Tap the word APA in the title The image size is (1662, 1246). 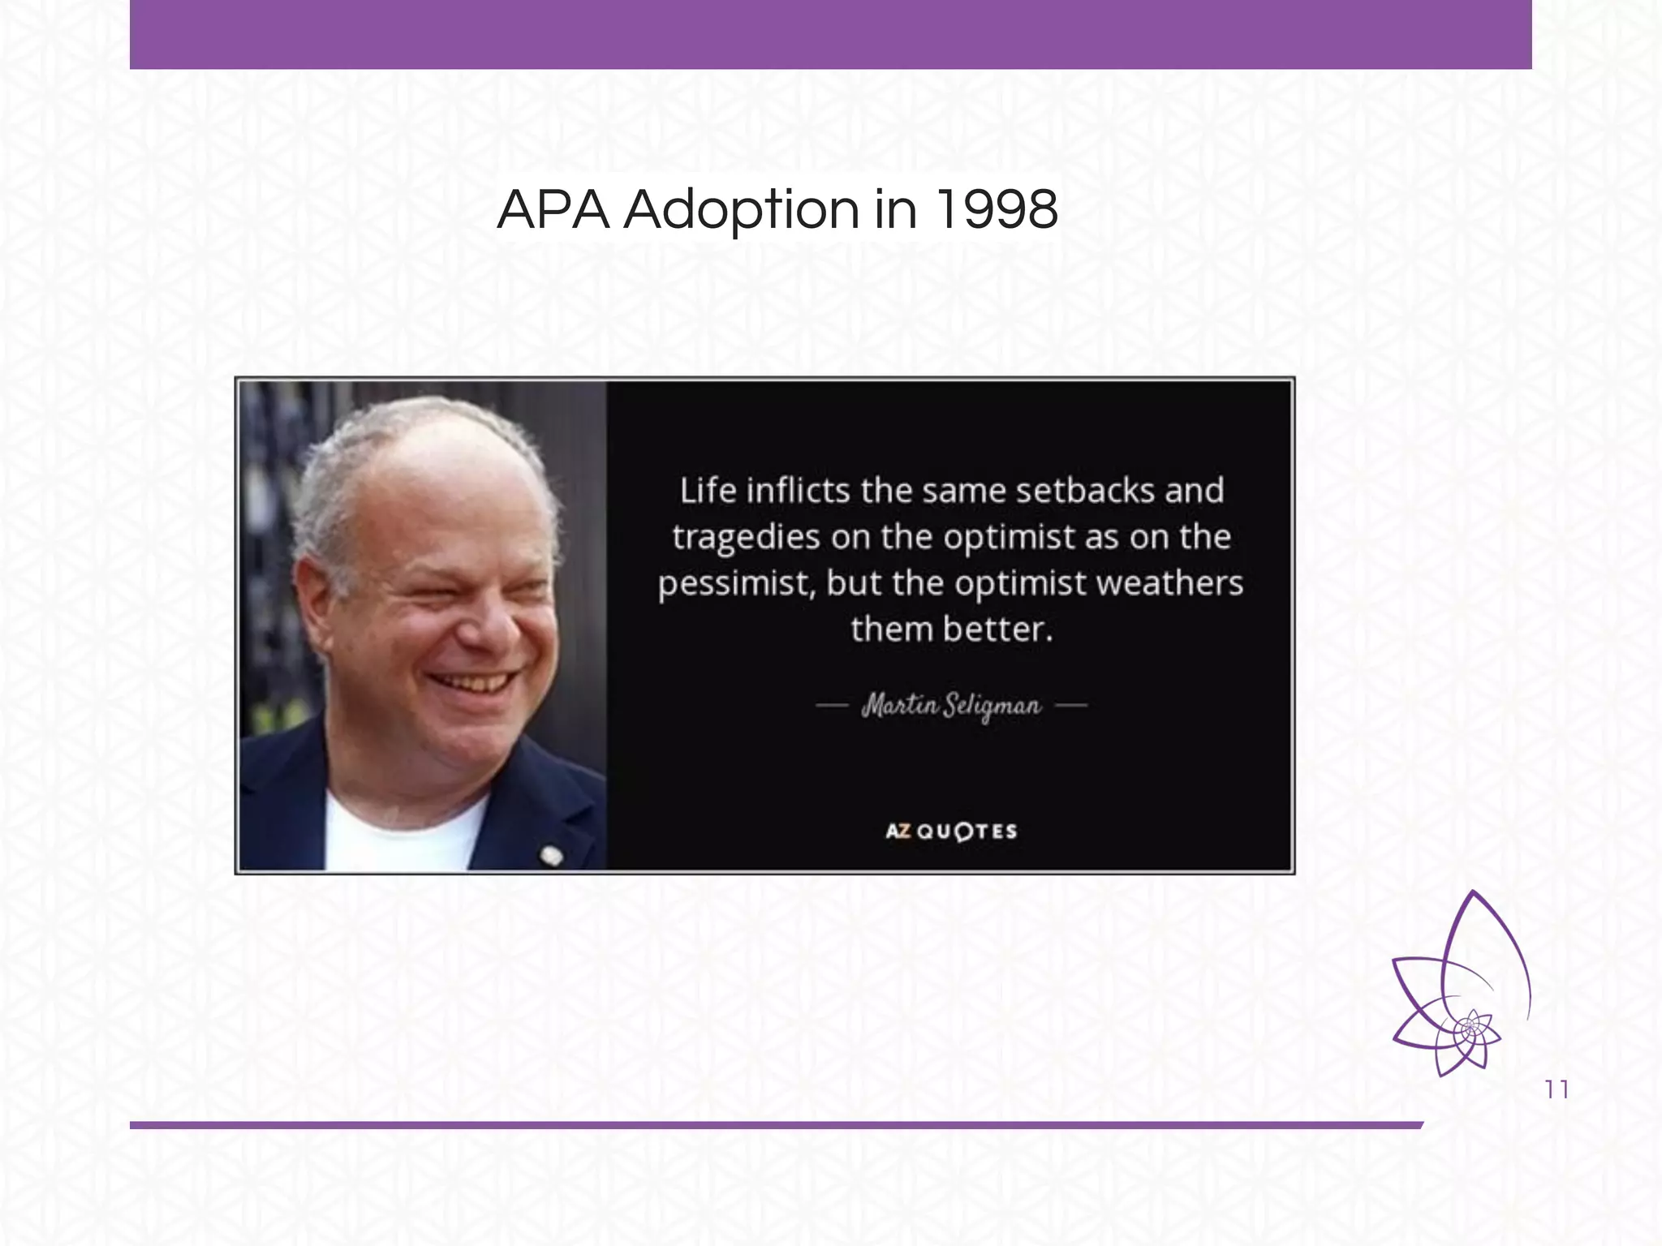553,210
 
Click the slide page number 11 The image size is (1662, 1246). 1557,1089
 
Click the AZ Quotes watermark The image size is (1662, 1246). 951,831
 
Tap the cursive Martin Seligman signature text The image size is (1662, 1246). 951,706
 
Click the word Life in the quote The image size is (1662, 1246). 708,491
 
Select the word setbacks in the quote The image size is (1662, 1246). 1085,491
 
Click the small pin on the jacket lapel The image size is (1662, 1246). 551,855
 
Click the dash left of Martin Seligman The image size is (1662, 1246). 832,706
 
